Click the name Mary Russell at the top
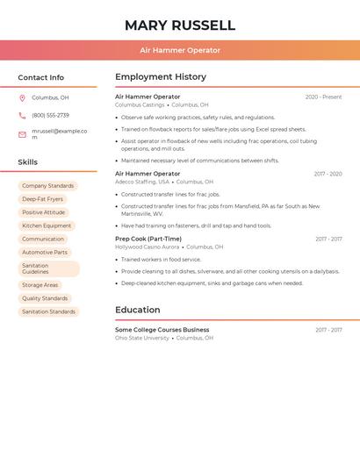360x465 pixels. pyautogui.click(x=180, y=25)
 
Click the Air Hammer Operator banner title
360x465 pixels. pyautogui.click(x=180, y=50)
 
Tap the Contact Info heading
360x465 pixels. pyautogui.click(x=41, y=77)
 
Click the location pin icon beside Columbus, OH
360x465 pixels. pyautogui.click(x=22, y=98)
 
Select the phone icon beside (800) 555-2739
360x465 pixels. pyautogui.click(x=22, y=115)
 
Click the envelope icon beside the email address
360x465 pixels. pyautogui.click(x=22, y=134)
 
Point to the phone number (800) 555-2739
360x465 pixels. pyautogui.click(x=50, y=115)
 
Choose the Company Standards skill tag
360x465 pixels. pyautogui.click(x=47, y=186)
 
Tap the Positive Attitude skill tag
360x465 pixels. pyautogui.click(x=43, y=212)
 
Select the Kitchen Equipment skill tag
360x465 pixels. pyautogui.click(x=47, y=225)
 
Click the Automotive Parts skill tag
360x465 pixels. pyautogui.click(x=45, y=252)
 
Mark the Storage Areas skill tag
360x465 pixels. pyautogui.click(x=40, y=285)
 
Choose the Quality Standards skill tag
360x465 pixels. pyautogui.click(x=45, y=298)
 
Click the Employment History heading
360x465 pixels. pyautogui.click(x=161, y=77)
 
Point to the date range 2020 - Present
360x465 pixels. pyautogui.click(x=323, y=97)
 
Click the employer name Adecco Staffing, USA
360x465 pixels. pyautogui.click(x=142, y=182)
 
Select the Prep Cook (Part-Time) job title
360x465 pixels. pyautogui.click(x=148, y=239)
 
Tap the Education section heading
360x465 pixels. pyautogui.click(x=138, y=310)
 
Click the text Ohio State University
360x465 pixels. pyautogui.click(x=142, y=338)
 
